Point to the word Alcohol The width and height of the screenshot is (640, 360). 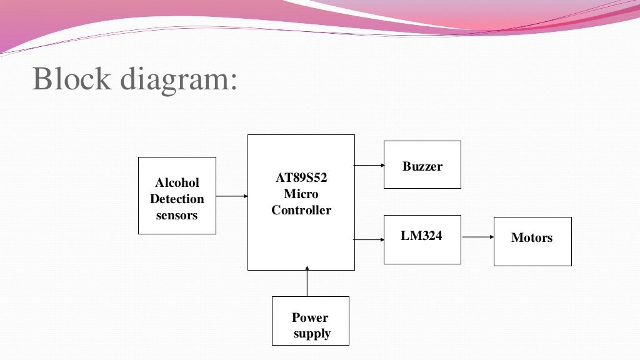(177, 182)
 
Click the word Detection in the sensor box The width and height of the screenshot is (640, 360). (177, 199)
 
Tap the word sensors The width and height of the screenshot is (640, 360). (177, 216)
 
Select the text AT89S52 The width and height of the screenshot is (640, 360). (301, 177)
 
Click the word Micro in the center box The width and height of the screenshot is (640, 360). (301, 194)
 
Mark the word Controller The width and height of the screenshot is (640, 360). (301, 210)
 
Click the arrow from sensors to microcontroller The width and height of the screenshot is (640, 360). (232, 196)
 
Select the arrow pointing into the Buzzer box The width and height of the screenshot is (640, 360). (369, 165)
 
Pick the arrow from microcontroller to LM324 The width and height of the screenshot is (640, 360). (369, 239)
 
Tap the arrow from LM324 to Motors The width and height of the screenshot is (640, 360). (477, 237)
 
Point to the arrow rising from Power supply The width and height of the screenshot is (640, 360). (307, 282)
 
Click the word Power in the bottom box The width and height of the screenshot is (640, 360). (310, 317)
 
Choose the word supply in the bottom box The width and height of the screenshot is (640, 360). (312, 334)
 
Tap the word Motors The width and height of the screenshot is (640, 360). (532, 237)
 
